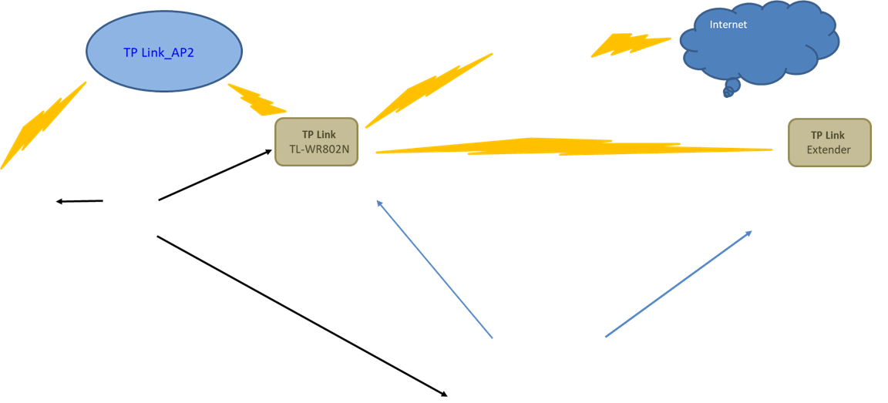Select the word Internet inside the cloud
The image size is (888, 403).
click(x=728, y=25)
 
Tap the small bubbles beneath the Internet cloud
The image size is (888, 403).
click(x=731, y=88)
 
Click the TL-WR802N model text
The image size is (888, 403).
click(x=316, y=149)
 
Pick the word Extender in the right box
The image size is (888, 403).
click(x=829, y=150)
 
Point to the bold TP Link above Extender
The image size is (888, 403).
click(x=828, y=136)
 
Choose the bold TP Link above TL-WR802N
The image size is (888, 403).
click(x=319, y=135)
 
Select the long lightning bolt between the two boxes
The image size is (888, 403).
click(x=573, y=146)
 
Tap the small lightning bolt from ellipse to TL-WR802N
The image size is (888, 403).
click(x=257, y=100)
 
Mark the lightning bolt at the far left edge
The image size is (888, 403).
click(x=44, y=125)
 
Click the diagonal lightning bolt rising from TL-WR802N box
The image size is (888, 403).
click(x=429, y=91)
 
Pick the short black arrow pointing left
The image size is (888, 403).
click(x=79, y=201)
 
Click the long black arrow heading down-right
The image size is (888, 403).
click(x=302, y=316)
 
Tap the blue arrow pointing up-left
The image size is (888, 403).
click(x=435, y=268)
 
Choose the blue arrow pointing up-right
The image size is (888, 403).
click(x=678, y=284)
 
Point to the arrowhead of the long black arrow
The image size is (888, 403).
click(x=445, y=394)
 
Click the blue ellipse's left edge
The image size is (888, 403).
click(x=86, y=52)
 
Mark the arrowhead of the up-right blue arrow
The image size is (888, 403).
click(x=749, y=232)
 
